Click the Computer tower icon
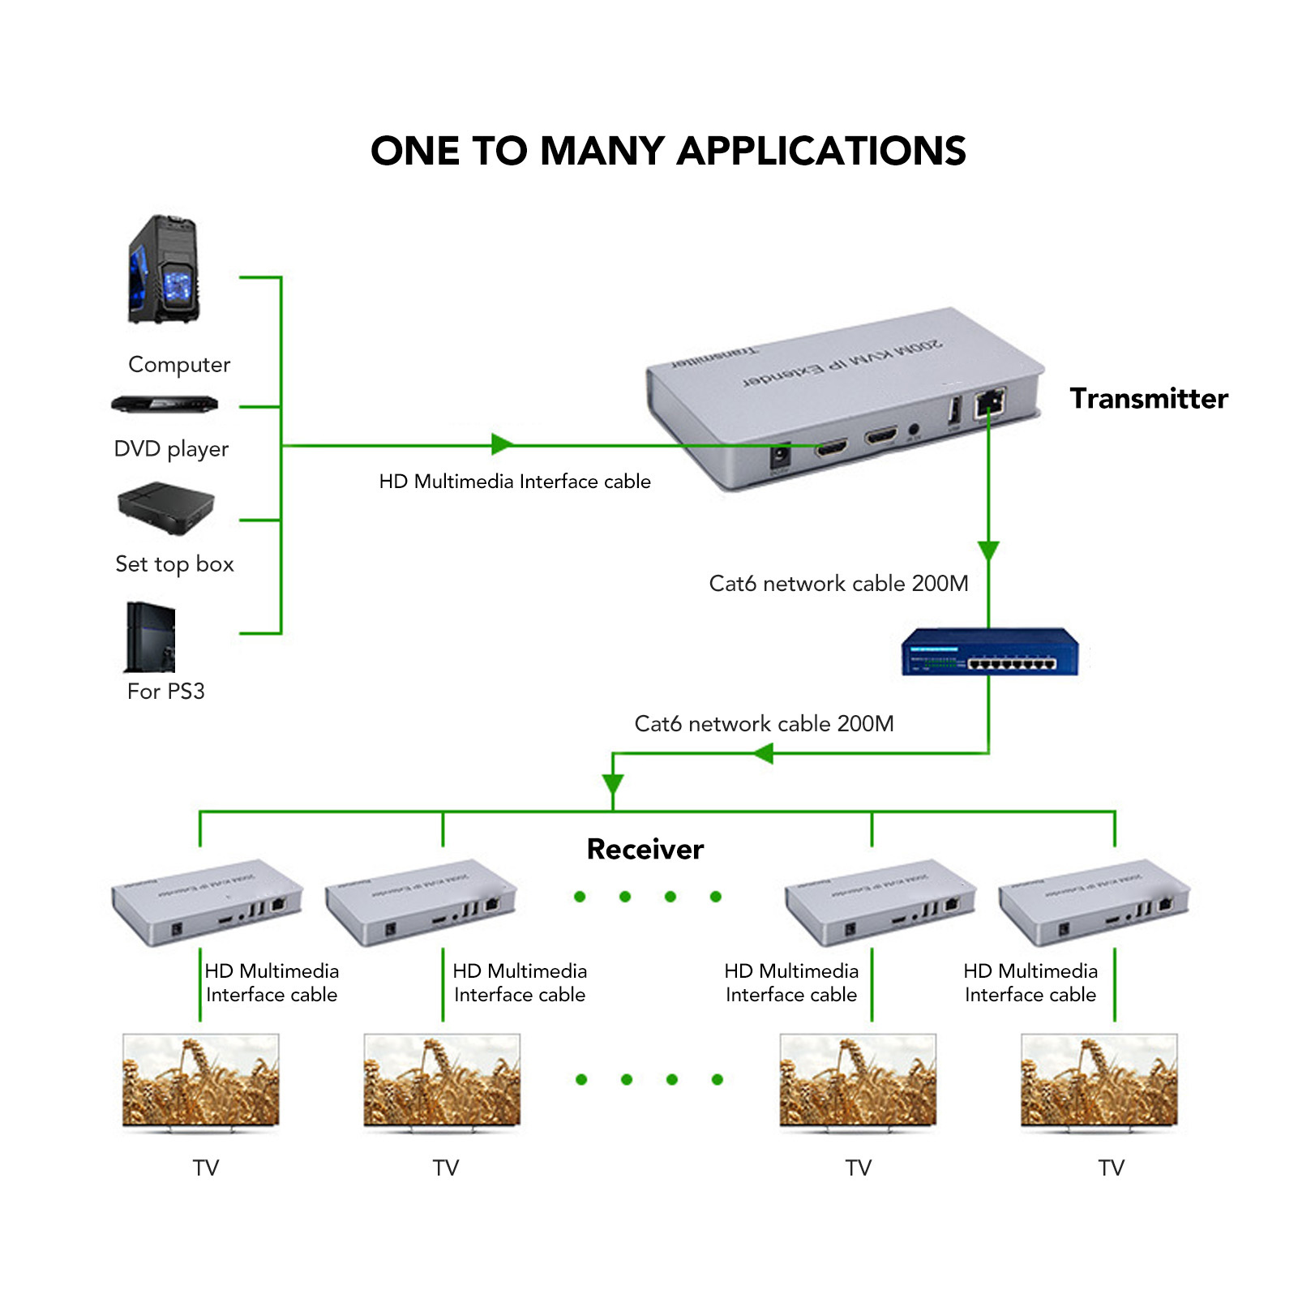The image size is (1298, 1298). (x=164, y=269)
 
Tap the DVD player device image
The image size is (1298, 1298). (x=165, y=403)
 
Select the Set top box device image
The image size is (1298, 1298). (x=166, y=508)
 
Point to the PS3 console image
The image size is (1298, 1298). (x=151, y=637)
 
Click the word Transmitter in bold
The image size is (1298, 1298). (x=1148, y=398)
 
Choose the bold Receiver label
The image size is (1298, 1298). (x=645, y=849)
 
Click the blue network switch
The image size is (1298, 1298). (x=990, y=652)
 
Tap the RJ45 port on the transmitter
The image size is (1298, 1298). (x=990, y=401)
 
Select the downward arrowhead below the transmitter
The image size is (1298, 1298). (x=988, y=550)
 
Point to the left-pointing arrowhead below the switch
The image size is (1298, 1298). (x=763, y=754)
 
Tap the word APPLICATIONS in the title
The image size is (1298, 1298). (x=821, y=151)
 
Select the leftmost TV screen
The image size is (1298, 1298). (x=201, y=1080)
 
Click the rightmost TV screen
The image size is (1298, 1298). (x=1099, y=1080)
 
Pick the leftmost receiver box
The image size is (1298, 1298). (x=207, y=902)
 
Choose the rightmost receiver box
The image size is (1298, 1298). (x=1094, y=902)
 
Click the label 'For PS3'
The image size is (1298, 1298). (x=166, y=691)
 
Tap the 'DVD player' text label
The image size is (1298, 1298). (x=171, y=448)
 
